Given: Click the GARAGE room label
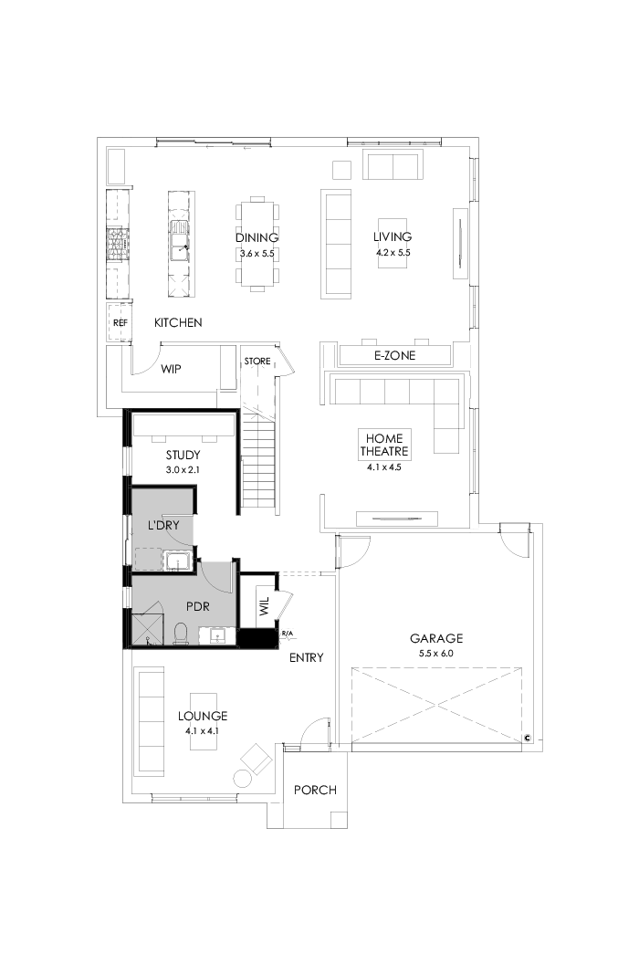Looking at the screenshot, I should [435, 639].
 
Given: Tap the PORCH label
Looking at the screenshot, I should [315, 790].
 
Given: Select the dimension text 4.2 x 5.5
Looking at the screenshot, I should [393, 253].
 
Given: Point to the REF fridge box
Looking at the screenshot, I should [120, 323].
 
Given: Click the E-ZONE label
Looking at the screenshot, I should [394, 355].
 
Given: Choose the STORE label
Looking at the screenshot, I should [257, 362].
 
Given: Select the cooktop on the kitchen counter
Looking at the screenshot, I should [117, 244].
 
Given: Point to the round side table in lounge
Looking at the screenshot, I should [243, 778].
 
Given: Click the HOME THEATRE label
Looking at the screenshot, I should [384, 445].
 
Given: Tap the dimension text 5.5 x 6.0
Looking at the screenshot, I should [435, 654].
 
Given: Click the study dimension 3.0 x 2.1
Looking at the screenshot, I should [183, 469].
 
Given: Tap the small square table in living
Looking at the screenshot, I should [341, 170].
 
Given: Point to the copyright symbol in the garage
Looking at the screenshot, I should [528, 738].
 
